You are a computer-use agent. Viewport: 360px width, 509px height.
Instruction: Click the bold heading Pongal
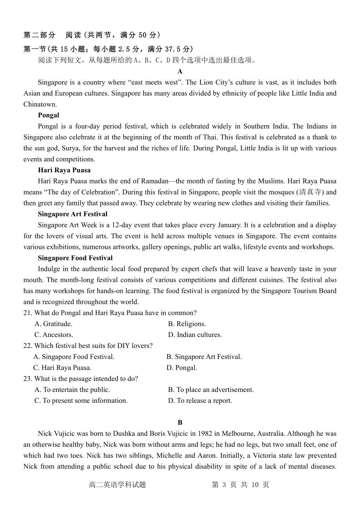pos(49,115)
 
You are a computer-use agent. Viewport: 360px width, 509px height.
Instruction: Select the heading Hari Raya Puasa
pos(64,170)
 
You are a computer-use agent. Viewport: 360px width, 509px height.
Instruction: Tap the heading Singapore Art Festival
pos(72,214)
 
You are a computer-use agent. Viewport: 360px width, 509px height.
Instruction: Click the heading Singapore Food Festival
pos(75,258)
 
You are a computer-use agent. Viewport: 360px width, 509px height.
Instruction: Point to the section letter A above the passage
pos(180,72)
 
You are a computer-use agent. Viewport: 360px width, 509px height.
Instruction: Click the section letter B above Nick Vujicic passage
pos(180,423)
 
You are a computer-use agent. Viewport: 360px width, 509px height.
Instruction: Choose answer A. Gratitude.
pos(53,324)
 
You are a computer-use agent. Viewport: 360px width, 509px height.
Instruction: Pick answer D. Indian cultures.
pos(195,335)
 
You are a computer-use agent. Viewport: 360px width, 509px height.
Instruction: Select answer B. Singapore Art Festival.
pos(204,357)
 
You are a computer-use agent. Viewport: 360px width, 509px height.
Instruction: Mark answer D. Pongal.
pos(182,368)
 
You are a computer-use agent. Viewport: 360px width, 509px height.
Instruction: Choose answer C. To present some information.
pos(81,401)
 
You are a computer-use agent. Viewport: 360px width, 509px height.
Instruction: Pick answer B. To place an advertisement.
pos(211,390)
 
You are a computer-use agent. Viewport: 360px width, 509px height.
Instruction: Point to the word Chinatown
pos(40,105)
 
